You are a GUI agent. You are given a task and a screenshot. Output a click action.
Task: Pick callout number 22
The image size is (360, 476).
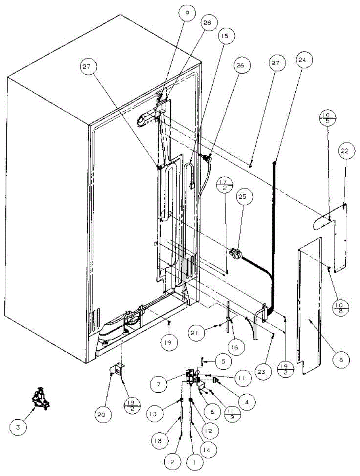[345, 152]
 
